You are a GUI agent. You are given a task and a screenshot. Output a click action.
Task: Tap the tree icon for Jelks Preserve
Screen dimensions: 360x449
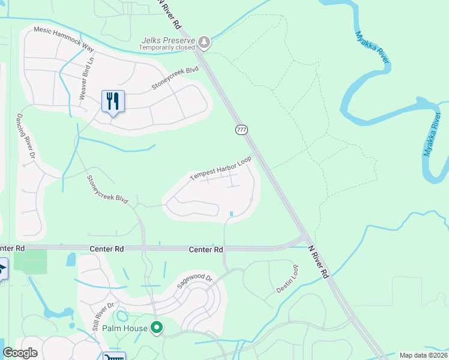click(x=205, y=42)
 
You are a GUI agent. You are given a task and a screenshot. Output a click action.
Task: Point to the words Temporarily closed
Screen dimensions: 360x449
click(x=167, y=47)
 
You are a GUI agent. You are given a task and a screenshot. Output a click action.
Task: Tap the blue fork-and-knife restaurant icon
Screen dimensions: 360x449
click(x=113, y=101)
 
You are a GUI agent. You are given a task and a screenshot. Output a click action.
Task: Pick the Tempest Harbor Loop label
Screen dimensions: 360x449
click(x=220, y=169)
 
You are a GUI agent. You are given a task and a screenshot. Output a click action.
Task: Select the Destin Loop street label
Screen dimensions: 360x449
click(x=287, y=280)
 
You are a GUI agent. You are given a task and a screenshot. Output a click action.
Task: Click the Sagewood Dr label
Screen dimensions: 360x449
click(x=195, y=279)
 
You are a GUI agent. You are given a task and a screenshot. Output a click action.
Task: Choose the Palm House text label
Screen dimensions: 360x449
click(x=125, y=328)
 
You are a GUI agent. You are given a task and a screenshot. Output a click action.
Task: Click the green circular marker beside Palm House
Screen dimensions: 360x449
click(x=157, y=328)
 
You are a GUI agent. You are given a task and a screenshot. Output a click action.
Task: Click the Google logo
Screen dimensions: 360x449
click(x=20, y=353)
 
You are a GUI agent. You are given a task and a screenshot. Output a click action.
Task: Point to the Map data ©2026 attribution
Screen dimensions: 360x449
click(x=423, y=355)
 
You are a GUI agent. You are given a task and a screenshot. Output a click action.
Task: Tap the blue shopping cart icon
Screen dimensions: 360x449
click(x=114, y=356)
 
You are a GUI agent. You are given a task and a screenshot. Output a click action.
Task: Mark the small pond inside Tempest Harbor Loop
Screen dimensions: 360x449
click(x=232, y=213)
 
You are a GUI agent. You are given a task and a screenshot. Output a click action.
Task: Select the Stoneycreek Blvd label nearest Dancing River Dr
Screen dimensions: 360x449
click(x=108, y=190)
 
